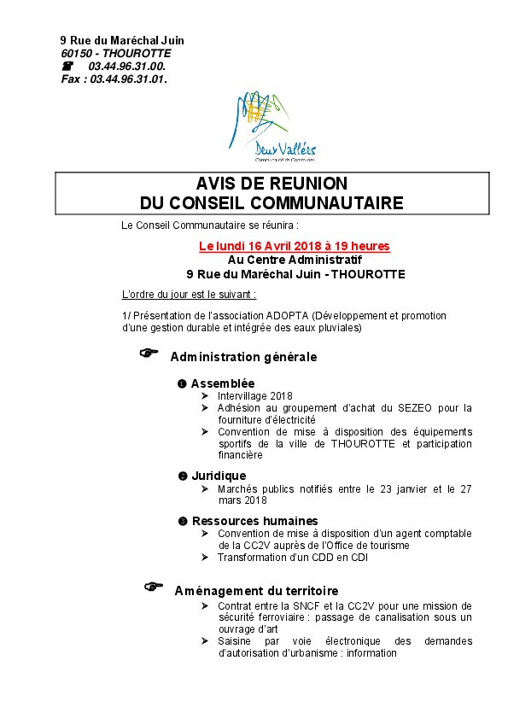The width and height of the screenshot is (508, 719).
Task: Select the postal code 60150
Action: [75, 53]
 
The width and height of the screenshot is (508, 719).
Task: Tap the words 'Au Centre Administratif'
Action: [295, 260]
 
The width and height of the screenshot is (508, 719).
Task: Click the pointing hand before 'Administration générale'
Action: [150, 354]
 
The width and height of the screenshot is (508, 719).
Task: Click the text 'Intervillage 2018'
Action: [254, 396]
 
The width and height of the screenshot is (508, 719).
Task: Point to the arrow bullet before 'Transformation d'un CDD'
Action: [205, 558]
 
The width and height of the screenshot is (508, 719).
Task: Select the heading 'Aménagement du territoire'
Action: [256, 591]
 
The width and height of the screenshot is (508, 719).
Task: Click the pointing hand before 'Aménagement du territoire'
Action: [153, 587]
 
